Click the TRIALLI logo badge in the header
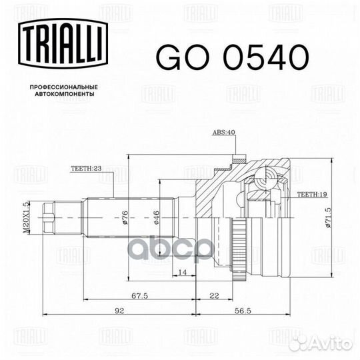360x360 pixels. point(63,43)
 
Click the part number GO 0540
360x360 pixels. point(233,57)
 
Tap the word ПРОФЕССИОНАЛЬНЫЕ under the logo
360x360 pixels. point(64,87)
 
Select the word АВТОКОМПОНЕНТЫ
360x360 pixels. point(65,94)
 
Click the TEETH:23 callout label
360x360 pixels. point(86,168)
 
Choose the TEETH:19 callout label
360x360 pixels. point(312,194)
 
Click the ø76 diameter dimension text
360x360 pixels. point(125,217)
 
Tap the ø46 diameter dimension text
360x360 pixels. point(157,217)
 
